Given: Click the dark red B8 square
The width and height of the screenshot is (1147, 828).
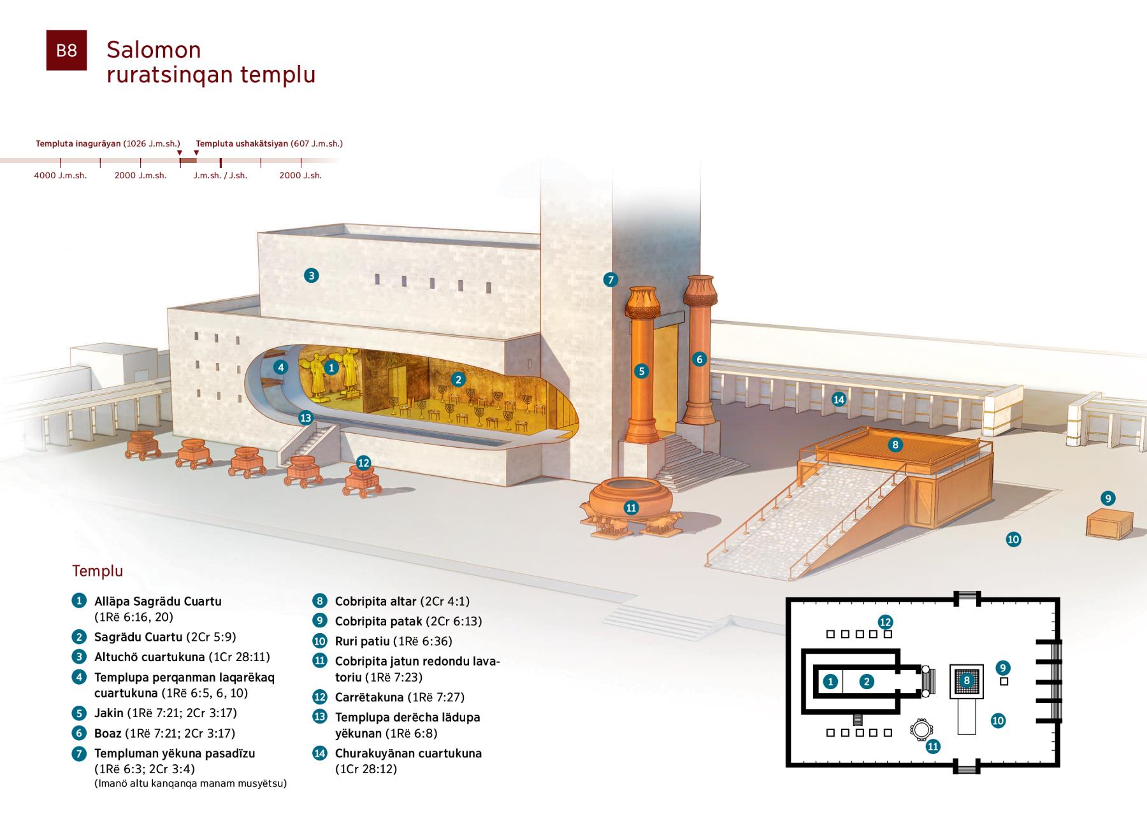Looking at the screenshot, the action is click(66, 50).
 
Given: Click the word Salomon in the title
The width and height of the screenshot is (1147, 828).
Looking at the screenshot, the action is click(154, 50).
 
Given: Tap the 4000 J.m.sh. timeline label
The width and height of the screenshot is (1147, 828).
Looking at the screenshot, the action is click(61, 175).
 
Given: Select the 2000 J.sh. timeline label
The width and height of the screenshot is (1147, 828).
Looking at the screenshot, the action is click(301, 175).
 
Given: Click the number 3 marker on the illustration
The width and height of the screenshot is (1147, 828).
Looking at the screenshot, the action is click(311, 276).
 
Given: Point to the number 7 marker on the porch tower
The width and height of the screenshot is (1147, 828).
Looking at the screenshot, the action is click(610, 279).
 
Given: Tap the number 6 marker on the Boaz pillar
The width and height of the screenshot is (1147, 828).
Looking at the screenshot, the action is click(699, 359).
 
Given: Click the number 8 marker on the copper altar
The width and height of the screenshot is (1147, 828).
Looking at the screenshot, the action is click(895, 445).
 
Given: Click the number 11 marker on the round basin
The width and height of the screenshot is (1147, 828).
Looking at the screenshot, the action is click(631, 508).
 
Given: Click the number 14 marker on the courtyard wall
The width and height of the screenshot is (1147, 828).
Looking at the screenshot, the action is click(839, 399).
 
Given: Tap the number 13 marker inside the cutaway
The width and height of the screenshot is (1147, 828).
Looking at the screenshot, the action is click(306, 418).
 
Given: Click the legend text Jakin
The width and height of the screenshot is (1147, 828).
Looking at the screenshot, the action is click(109, 713).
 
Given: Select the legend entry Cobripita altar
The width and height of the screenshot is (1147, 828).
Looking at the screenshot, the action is click(376, 601).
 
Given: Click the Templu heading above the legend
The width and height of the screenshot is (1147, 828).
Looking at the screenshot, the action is click(97, 571).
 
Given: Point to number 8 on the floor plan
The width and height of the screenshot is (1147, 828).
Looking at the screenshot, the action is click(967, 681).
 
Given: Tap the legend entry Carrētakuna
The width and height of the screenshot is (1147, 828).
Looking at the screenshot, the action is click(370, 697).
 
